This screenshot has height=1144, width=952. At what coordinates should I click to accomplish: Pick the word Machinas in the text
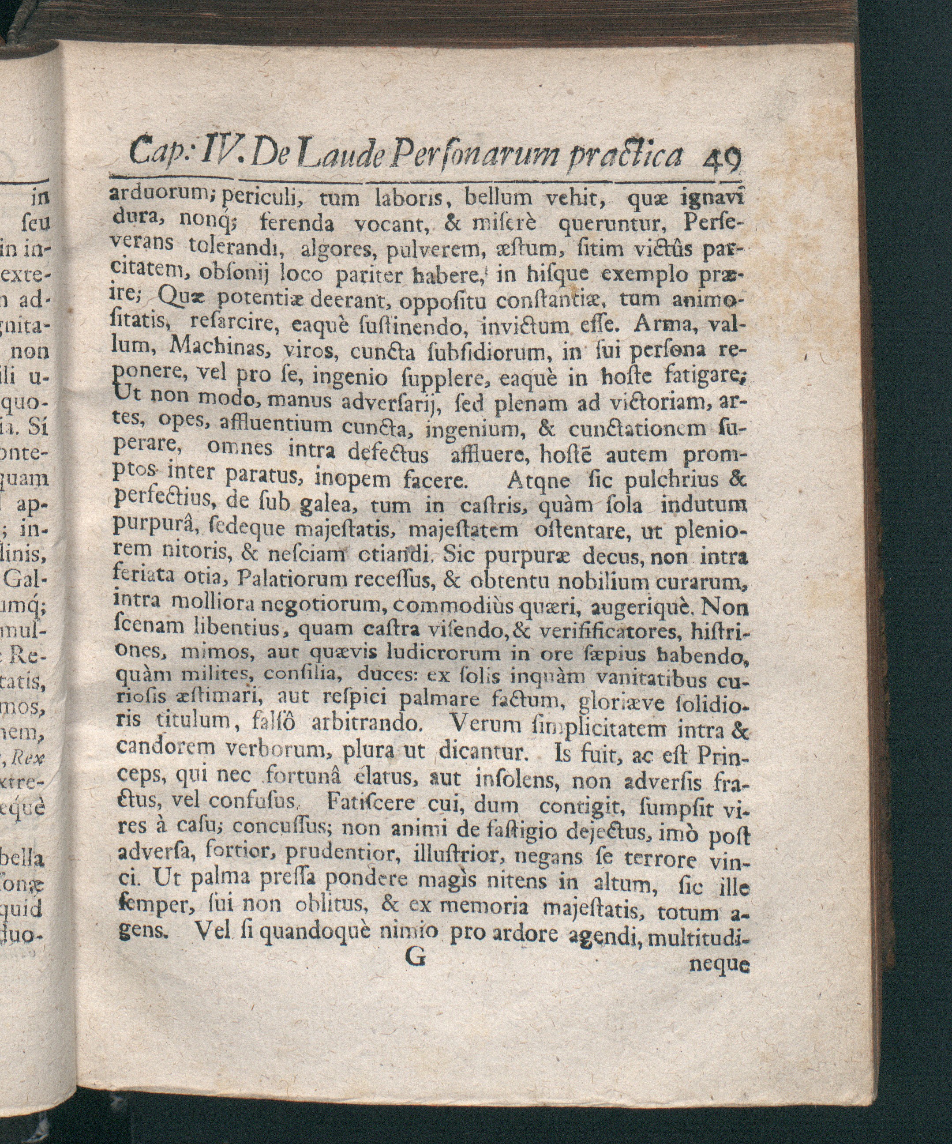pyautogui.click(x=217, y=351)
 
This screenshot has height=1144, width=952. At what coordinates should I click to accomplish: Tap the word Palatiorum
pyautogui.click(x=295, y=579)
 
